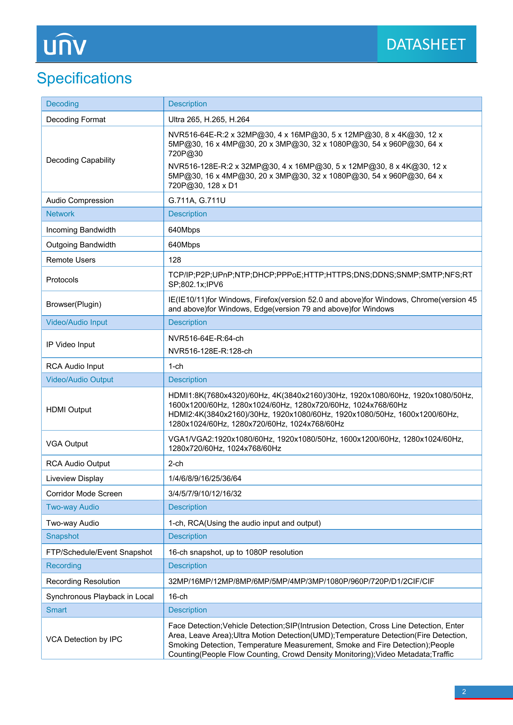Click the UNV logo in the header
click(65, 45)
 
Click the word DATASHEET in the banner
click(426, 45)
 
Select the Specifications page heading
click(84, 78)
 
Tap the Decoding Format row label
click(76, 120)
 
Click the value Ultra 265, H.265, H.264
click(209, 120)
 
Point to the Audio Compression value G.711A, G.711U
click(197, 201)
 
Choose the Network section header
click(60, 214)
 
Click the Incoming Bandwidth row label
click(81, 230)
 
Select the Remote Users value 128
click(175, 260)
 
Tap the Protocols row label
click(62, 280)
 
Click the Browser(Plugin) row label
click(74, 304)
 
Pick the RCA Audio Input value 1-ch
click(176, 366)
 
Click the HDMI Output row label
click(69, 410)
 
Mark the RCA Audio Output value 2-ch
click(176, 463)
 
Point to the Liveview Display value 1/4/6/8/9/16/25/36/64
click(205, 479)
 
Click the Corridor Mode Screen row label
click(84, 494)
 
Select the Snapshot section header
click(63, 537)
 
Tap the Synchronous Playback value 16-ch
click(178, 597)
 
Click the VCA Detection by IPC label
click(84, 639)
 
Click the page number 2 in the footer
click(464, 692)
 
